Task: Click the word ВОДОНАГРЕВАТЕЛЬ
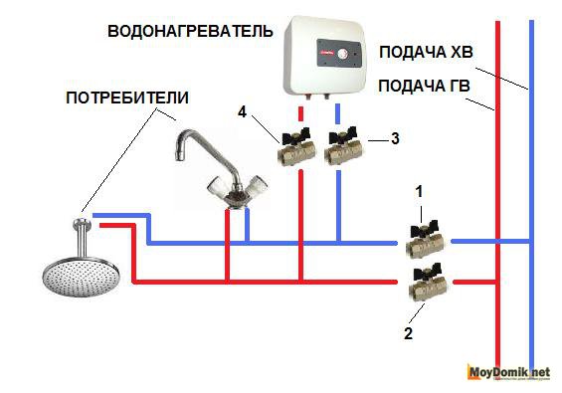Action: pos(190,31)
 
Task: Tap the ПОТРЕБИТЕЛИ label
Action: pos(127,98)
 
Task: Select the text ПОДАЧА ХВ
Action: pos(426,52)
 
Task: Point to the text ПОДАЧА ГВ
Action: pos(424,86)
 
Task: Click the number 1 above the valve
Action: pos(419,192)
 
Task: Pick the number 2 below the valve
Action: pos(408,333)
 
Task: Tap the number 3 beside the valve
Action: pos(395,138)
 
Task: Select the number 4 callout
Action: pos(243,112)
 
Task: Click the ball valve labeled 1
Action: pos(426,239)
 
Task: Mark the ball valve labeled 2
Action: pos(429,283)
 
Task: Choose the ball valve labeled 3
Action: pos(343,146)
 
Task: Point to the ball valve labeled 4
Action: pos(296,147)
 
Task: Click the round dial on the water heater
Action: pos(342,54)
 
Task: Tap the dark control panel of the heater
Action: pos(339,54)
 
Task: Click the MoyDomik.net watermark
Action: pos(508,372)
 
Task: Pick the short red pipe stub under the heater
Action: pos(301,113)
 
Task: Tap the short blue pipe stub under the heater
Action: pos(337,113)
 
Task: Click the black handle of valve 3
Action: pos(343,134)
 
